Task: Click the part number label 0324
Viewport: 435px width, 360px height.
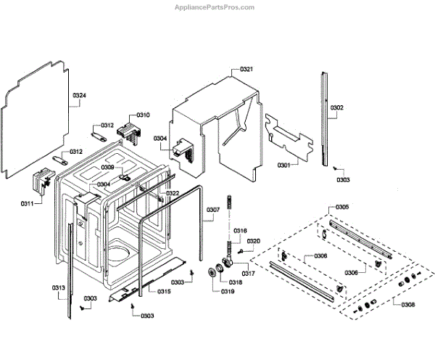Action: click(79, 97)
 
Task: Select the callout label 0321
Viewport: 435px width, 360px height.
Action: click(246, 70)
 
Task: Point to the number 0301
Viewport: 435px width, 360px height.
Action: click(283, 165)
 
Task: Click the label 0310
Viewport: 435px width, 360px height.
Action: click(142, 115)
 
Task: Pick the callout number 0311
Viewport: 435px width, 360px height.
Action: click(27, 205)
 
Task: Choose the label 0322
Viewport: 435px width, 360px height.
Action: click(172, 193)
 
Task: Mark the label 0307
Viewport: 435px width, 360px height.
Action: click(212, 211)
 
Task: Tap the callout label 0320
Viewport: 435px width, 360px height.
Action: click(253, 241)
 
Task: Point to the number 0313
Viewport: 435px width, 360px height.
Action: click(59, 288)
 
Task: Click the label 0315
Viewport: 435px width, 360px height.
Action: click(164, 292)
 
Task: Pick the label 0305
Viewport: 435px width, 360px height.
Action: click(341, 208)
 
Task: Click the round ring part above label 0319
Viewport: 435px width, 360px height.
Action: click(213, 272)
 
